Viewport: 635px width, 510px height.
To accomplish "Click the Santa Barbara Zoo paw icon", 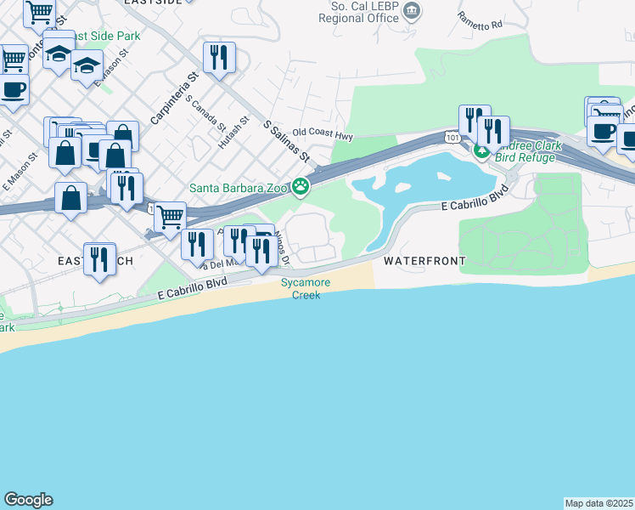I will click(x=301, y=186).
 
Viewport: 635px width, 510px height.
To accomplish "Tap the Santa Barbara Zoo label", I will click(x=239, y=188).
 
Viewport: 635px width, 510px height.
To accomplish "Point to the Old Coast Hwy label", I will click(x=322, y=133).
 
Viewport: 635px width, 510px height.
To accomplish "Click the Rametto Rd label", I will click(x=480, y=20).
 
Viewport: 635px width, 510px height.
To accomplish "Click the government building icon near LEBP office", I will click(x=413, y=10).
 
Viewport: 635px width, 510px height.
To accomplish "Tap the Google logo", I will click(x=28, y=500).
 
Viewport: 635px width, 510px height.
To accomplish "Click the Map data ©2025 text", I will click(x=599, y=503).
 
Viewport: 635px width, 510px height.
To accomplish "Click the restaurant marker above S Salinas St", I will click(x=219, y=57).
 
